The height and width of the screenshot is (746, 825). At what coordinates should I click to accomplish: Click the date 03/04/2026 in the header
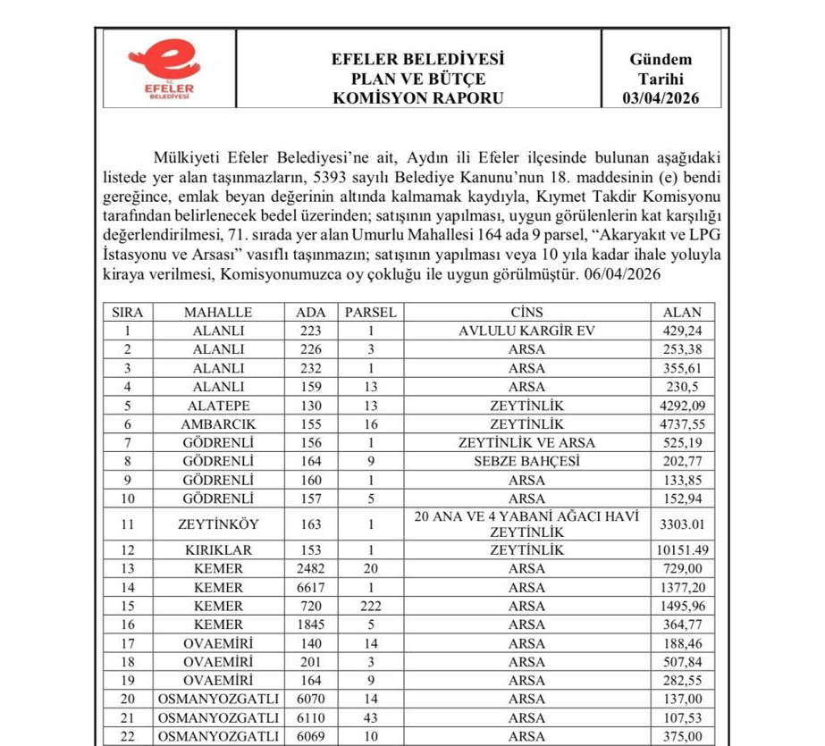[x=661, y=98]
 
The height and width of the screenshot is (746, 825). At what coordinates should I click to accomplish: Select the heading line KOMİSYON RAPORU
[x=417, y=98]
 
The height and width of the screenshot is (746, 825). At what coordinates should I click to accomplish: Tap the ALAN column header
[x=682, y=313]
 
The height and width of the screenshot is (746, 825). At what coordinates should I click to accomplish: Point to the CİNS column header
[x=526, y=313]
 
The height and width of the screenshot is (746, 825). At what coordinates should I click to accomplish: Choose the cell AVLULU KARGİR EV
[x=526, y=331]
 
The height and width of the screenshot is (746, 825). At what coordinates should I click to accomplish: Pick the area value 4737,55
[x=682, y=424]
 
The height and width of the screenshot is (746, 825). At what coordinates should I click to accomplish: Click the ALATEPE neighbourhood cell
[x=218, y=406]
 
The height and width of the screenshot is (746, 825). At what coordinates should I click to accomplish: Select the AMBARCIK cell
[x=218, y=424]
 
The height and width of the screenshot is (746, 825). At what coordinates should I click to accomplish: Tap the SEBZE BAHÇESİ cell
[x=526, y=462]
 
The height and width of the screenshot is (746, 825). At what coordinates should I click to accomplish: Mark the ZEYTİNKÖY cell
[x=218, y=524]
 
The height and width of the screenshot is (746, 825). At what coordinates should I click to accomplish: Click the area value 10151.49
[x=682, y=550]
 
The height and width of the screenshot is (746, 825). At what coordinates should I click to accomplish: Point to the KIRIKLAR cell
[x=218, y=550]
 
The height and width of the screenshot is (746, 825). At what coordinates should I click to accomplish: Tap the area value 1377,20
[x=682, y=588]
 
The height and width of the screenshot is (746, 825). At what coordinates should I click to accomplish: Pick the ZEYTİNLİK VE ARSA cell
[x=526, y=443]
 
